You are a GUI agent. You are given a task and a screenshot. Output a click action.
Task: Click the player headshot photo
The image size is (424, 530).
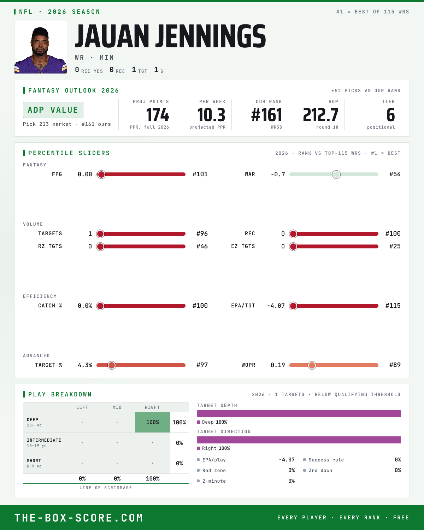[x=41, y=47]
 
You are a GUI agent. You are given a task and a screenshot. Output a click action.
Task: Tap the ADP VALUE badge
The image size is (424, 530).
[x=53, y=110]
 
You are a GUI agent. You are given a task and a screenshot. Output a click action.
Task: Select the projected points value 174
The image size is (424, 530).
[x=158, y=115]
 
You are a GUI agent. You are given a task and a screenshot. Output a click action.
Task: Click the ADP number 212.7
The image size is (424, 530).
[x=320, y=115]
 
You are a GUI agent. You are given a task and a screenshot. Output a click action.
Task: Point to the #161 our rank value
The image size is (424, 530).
[x=266, y=115]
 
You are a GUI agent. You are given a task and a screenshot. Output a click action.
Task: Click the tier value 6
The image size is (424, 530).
[x=390, y=115]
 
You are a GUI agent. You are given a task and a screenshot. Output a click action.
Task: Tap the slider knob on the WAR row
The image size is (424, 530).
[x=336, y=174]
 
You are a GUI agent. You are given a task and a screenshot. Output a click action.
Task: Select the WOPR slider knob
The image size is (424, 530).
[x=312, y=365]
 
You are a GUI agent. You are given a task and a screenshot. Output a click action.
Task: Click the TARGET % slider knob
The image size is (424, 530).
[x=112, y=365]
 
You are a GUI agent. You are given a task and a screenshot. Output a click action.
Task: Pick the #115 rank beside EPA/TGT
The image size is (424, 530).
[x=393, y=306]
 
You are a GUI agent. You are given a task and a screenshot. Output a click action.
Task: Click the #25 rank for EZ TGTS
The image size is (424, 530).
[x=395, y=246]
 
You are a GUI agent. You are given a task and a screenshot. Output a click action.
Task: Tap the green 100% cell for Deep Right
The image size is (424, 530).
[x=153, y=422]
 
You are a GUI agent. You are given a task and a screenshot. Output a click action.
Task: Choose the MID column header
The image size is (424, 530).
[x=117, y=407]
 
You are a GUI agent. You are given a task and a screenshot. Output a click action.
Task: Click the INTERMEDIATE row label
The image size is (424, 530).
[x=44, y=440]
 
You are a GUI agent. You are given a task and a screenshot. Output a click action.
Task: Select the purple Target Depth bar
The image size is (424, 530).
[x=299, y=414]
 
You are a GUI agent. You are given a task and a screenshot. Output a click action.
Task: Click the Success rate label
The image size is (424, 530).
[x=326, y=460]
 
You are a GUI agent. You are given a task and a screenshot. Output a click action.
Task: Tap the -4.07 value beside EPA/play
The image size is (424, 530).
[x=287, y=460]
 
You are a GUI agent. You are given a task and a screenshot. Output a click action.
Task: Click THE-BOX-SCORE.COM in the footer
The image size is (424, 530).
[x=79, y=518]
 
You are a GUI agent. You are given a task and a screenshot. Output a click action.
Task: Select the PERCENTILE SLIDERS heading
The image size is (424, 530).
[x=69, y=153]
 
